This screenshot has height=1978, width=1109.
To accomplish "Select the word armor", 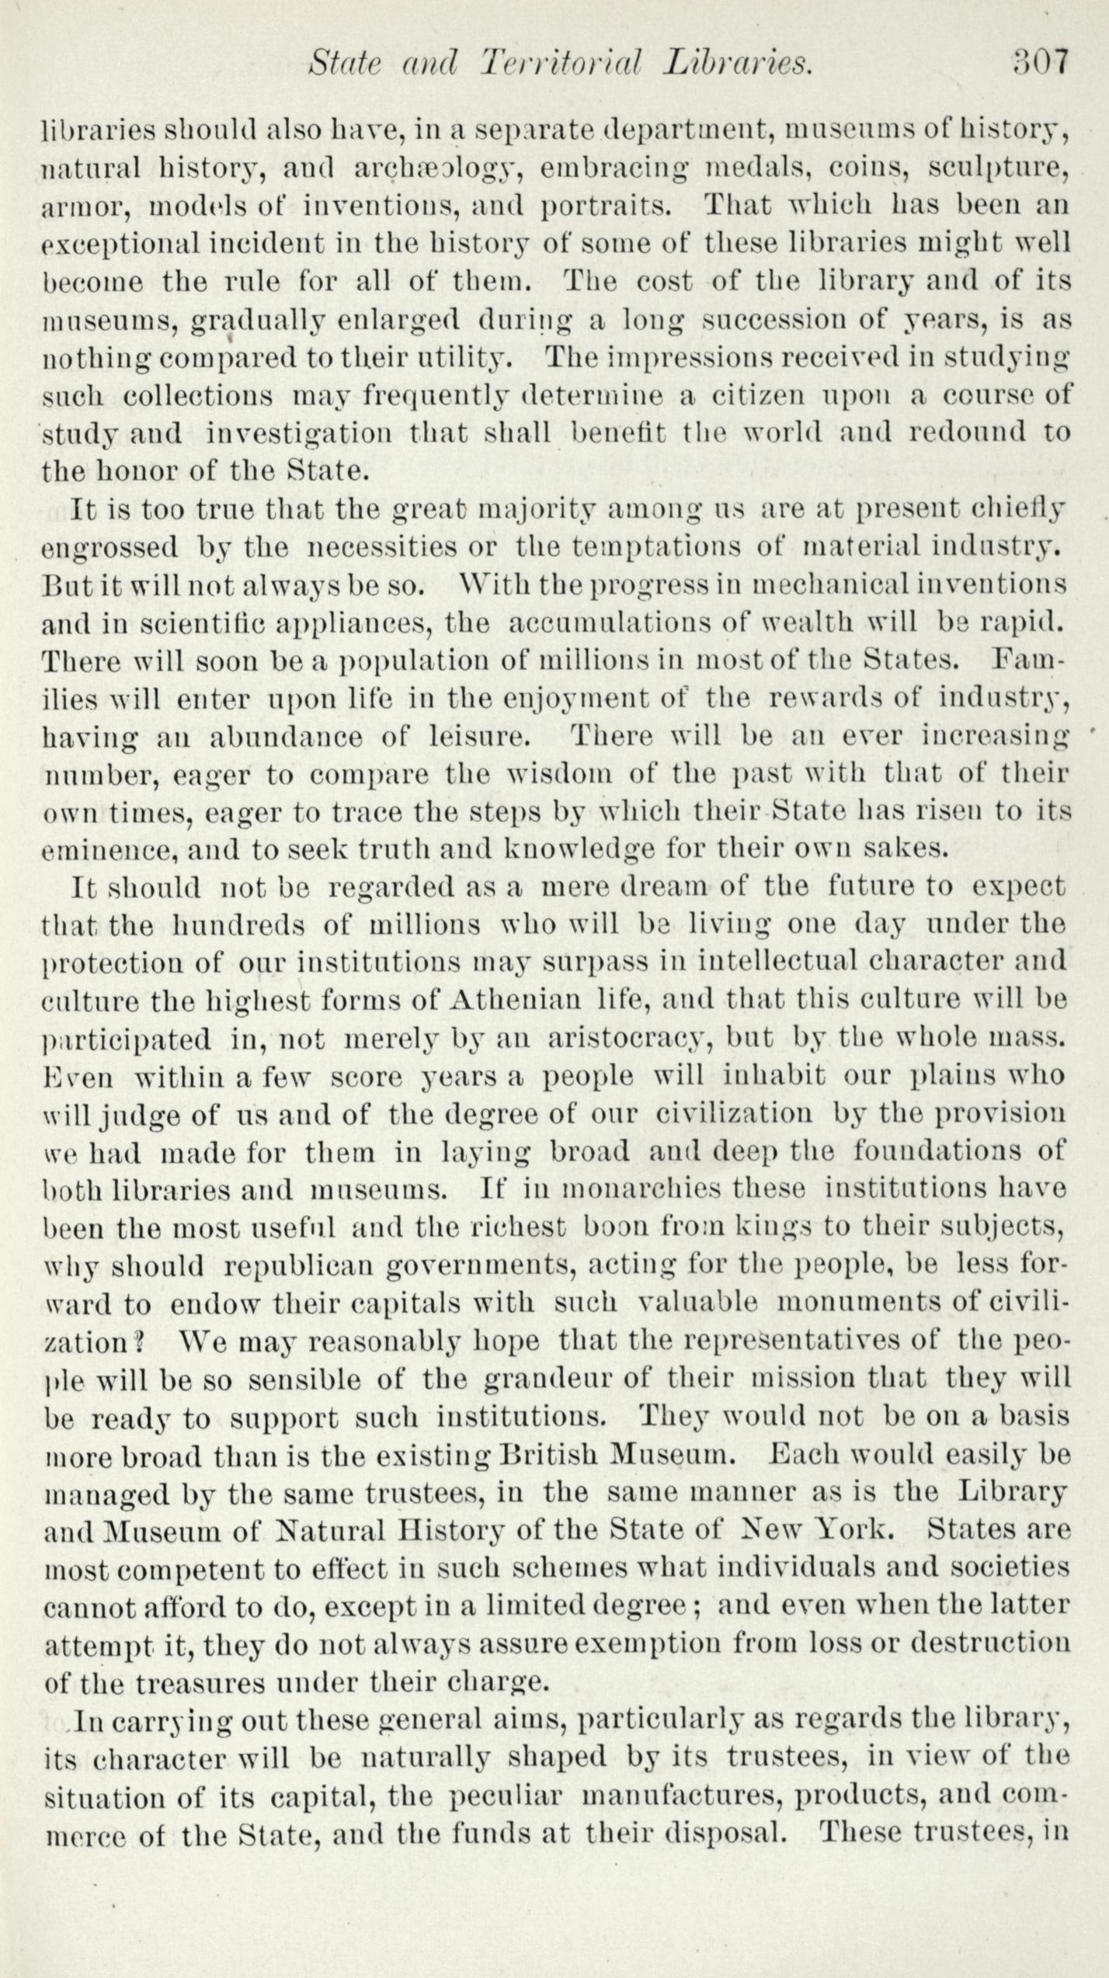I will (x=86, y=206).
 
